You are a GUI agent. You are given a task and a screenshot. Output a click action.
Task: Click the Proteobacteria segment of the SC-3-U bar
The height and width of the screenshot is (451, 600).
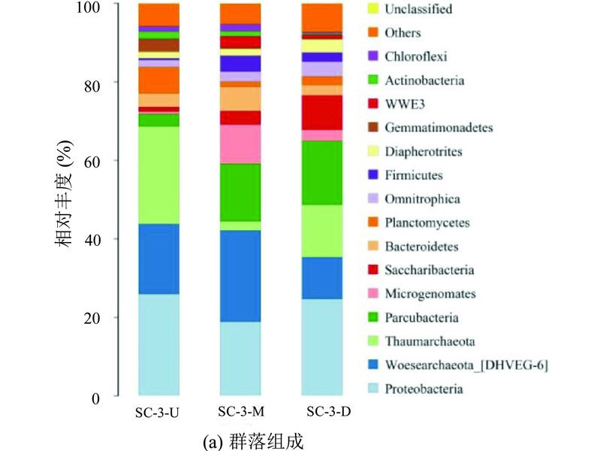158,344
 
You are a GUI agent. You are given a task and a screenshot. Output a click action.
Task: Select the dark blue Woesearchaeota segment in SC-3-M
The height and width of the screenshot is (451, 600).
240,276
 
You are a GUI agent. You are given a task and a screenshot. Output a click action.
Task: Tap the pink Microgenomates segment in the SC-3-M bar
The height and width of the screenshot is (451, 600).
240,144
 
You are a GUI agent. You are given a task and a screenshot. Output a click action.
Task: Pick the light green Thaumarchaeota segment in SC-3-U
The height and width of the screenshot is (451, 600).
158,175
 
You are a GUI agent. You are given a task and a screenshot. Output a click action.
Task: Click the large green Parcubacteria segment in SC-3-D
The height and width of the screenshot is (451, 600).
322,173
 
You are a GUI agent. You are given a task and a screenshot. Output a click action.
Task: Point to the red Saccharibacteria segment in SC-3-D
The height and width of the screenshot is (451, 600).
322,113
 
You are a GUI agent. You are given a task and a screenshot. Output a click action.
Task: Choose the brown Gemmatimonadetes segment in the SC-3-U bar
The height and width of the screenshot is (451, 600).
158,45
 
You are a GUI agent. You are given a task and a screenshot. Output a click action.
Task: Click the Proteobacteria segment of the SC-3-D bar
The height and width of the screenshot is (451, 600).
322,347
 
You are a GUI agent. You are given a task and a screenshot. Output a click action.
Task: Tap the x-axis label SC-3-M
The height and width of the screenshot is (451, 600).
241,411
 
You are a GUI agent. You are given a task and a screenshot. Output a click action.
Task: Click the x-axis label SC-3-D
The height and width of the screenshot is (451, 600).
329,411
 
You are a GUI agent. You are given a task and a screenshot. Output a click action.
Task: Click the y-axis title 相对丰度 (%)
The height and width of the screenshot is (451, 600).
65,194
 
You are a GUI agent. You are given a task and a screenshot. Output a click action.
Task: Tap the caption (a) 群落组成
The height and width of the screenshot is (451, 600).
253,441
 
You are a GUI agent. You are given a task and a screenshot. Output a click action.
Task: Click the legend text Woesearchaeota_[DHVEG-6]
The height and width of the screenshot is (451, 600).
466,365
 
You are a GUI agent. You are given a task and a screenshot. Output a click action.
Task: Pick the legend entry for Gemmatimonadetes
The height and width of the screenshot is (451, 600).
430,127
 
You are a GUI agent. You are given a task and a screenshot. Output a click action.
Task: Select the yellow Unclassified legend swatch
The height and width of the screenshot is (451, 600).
373,9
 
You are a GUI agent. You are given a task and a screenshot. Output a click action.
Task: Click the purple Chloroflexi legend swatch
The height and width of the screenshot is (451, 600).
373,56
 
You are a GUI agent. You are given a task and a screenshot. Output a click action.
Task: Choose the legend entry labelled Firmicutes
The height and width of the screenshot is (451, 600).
406,175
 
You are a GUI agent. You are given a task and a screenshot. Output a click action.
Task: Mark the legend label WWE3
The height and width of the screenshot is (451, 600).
405,104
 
